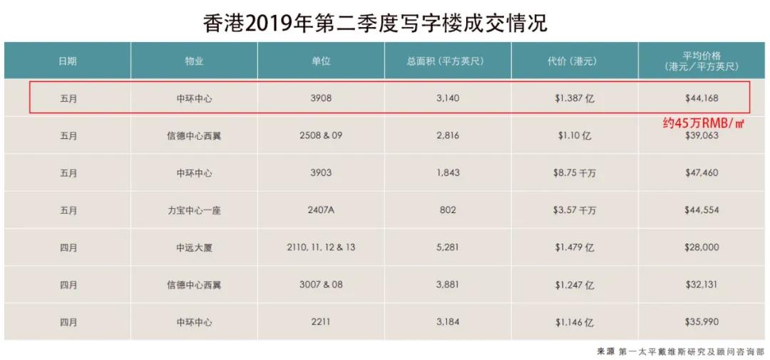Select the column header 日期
[68, 61]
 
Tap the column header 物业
[194, 61]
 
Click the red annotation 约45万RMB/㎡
[703, 123]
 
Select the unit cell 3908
[321, 98]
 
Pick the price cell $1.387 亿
[574, 98]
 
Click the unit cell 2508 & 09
[321, 135]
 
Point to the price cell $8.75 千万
[574, 173]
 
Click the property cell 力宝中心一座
[194, 210]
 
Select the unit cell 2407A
[321, 210]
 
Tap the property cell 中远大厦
[194, 247]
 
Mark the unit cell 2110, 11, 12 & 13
[321, 247]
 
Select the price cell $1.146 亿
[574, 322]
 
